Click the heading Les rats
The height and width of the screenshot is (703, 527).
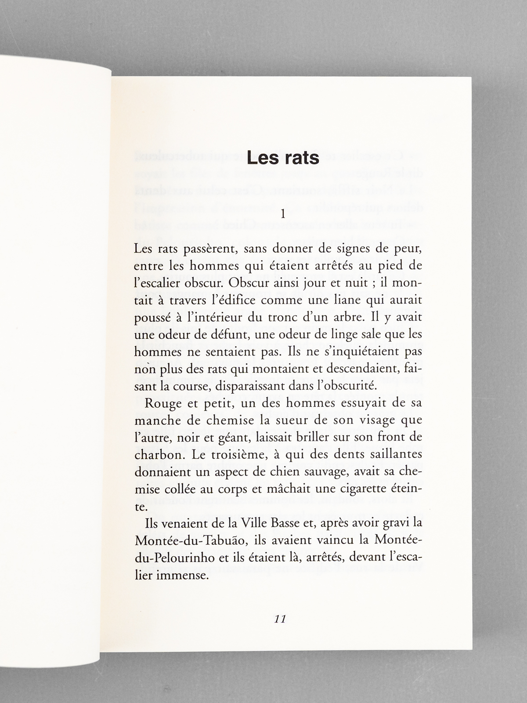click(282, 158)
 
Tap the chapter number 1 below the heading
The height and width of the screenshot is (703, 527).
click(283, 214)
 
